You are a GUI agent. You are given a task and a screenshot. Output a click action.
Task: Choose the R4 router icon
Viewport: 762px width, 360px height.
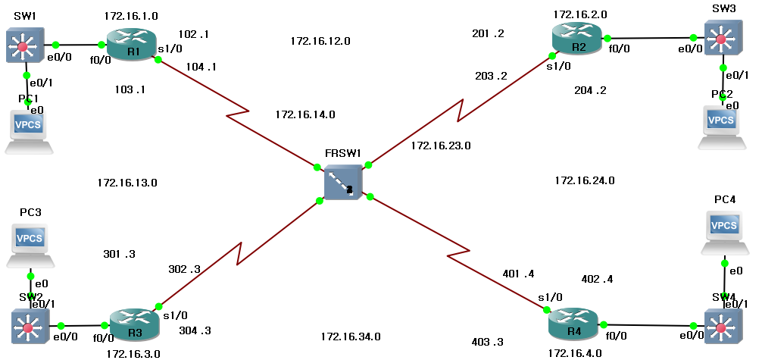click(x=573, y=324)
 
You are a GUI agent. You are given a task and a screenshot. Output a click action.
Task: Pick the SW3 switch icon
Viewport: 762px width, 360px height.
click(x=720, y=38)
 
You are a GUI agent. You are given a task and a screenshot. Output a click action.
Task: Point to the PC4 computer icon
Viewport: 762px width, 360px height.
click(x=723, y=231)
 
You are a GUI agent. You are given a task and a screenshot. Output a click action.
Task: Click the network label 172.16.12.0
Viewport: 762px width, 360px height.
click(x=320, y=41)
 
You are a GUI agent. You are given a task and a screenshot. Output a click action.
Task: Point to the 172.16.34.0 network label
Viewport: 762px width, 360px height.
click(x=350, y=337)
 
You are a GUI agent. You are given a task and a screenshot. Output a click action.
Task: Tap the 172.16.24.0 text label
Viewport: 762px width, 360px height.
click(x=584, y=180)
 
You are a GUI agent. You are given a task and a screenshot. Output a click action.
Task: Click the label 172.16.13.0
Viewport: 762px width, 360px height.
click(x=127, y=183)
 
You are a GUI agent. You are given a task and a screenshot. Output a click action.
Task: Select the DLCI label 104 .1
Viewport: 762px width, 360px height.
click(x=201, y=66)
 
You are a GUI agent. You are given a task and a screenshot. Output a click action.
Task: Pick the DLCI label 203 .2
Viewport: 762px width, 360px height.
click(x=491, y=76)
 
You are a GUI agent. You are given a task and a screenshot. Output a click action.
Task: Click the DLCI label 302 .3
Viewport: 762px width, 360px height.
click(x=184, y=268)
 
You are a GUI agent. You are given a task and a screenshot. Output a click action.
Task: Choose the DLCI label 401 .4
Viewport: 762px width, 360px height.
click(x=518, y=273)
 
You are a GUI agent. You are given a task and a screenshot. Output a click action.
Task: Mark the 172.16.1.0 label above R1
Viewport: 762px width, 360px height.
click(x=133, y=15)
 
